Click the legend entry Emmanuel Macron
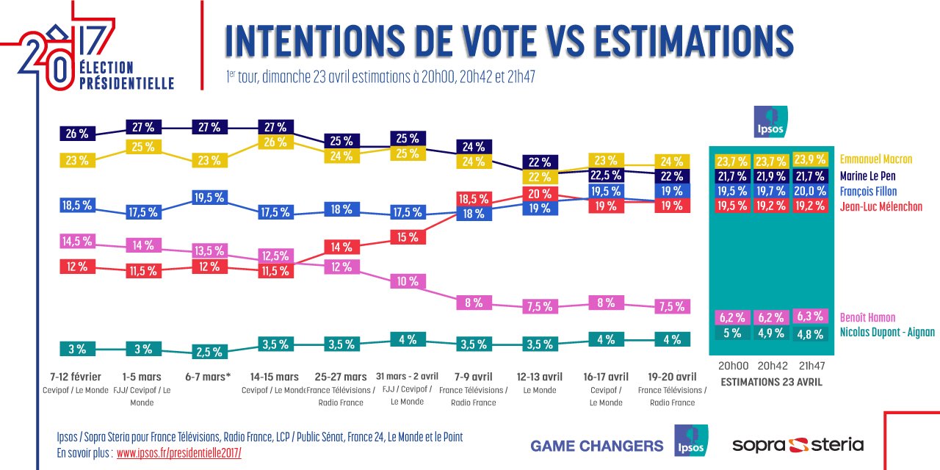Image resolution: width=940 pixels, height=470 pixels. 876,159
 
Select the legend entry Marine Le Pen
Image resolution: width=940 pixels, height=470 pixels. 867,176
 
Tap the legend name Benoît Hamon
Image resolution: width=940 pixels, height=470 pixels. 867,318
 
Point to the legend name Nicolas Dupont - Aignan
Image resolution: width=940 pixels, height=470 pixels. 887,333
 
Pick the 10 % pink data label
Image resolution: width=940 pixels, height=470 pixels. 408,281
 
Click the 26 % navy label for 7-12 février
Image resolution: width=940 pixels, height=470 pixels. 76,134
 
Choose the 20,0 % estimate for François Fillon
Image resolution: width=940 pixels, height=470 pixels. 810,191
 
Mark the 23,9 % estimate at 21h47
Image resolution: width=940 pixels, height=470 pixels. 810,160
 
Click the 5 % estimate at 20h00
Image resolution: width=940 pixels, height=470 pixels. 732,333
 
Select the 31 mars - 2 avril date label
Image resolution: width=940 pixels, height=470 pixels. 407,377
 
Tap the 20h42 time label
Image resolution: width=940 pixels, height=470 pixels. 771,366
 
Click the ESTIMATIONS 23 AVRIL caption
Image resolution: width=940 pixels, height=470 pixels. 771,382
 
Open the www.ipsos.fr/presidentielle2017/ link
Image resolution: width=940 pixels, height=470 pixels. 178,453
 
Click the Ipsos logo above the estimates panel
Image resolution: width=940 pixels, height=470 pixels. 770,122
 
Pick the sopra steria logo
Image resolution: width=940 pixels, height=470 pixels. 798,444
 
